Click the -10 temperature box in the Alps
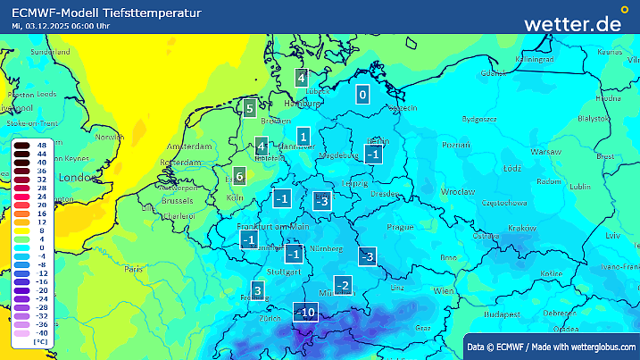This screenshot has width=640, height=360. coord(305,312)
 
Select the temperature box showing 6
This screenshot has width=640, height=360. coord(239,176)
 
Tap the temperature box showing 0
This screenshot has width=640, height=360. coord(362,95)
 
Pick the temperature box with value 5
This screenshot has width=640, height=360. coord(250,109)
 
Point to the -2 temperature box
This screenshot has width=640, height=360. coord(341,286)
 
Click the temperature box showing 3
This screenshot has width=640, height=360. coord(257,290)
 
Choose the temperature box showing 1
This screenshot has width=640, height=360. coord(303,138)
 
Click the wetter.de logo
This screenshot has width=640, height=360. coord(572,24)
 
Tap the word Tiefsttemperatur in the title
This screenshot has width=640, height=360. coord(150,13)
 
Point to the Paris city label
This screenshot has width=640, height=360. coord(134,268)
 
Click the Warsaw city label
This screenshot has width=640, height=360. coord(545,152)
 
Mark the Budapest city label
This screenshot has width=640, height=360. coord(503,314)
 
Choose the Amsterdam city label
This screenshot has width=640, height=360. coord(188,146)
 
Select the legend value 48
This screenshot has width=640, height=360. coord(41,144)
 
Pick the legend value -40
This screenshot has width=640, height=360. coord(41,331)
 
